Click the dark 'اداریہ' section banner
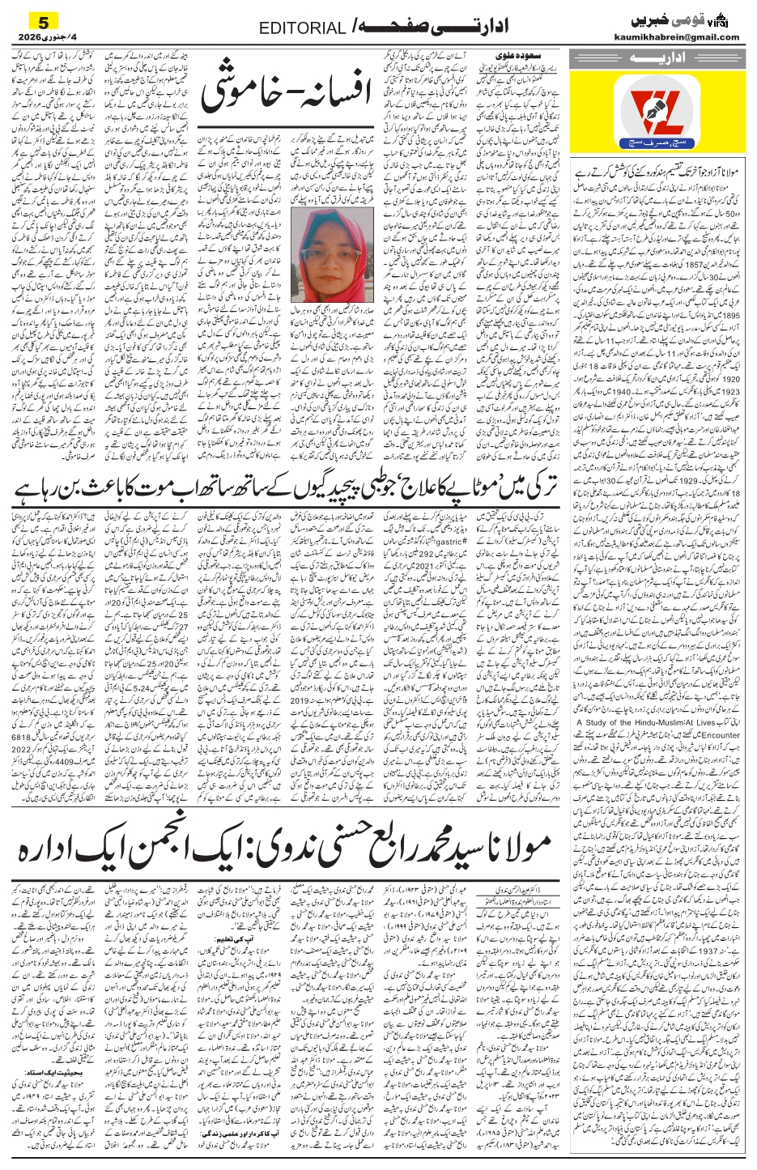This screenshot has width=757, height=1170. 655,59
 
